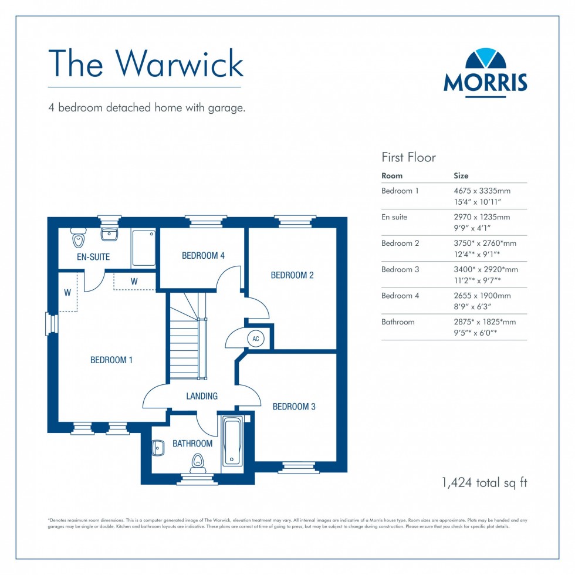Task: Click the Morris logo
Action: click(x=485, y=72)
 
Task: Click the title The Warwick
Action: click(x=145, y=63)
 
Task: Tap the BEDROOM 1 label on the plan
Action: click(x=111, y=360)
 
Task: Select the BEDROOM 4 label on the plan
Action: click(x=203, y=255)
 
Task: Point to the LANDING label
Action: click(x=202, y=396)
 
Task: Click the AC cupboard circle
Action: click(x=255, y=339)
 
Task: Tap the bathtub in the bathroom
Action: click(x=232, y=441)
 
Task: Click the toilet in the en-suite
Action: click(x=78, y=238)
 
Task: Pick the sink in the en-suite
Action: click(x=109, y=235)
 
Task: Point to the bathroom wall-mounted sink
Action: click(x=157, y=448)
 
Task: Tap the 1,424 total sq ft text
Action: click(x=484, y=483)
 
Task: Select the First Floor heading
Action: click(x=408, y=157)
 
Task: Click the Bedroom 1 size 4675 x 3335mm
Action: click(x=482, y=191)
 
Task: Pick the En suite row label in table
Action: click(x=394, y=217)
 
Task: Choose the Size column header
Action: click(x=461, y=175)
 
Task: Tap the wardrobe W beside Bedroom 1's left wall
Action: click(x=67, y=292)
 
